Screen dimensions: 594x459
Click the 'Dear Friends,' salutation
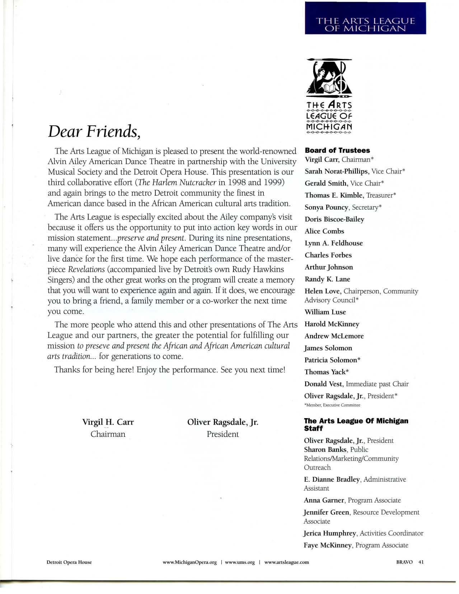click(x=94, y=132)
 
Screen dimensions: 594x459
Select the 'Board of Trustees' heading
click(x=337, y=150)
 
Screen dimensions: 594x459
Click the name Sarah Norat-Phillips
click(x=336, y=171)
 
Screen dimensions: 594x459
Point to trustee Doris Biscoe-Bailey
click(x=334, y=219)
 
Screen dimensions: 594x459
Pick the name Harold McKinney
click(x=332, y=324)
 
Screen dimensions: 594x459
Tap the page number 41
click(x=421, y=562)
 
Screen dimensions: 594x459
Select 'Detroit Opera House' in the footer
click(x=69, y=562)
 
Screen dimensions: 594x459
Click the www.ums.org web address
click(x=240, y=562)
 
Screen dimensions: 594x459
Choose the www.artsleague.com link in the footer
click(x=286, y=562)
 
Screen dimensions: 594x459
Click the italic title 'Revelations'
click(x=86, y=270)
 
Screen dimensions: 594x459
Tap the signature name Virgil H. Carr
click(x=108, y=422)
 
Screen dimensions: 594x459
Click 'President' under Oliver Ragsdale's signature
click(x=223, y=434)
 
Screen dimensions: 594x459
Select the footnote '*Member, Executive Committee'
click(x=332, y=405)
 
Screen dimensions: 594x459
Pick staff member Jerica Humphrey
click(x=330, y=533)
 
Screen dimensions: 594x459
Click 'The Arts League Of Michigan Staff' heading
click(x=356, y=424)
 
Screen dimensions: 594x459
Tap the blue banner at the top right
click(x=365, y=18)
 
